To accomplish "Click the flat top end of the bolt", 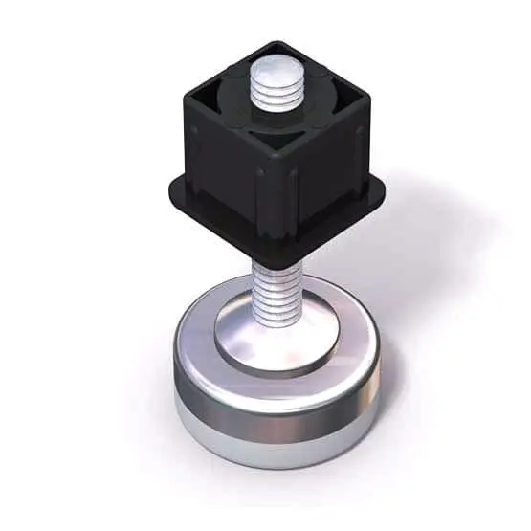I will [x=273, y=68].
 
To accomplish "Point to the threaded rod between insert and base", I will [x=277, y=287].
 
